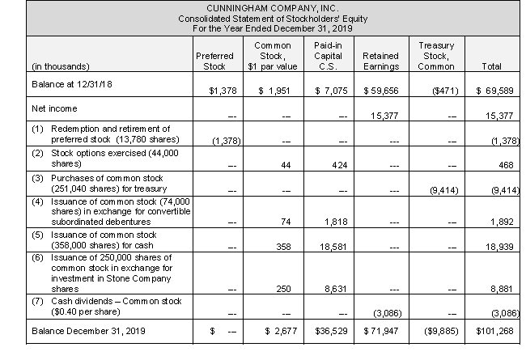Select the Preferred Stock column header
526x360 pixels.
click(214, 61)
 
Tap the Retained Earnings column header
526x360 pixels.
click(374, 61)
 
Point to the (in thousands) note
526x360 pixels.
click(59, 66)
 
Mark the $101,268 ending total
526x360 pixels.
click(497, 331)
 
